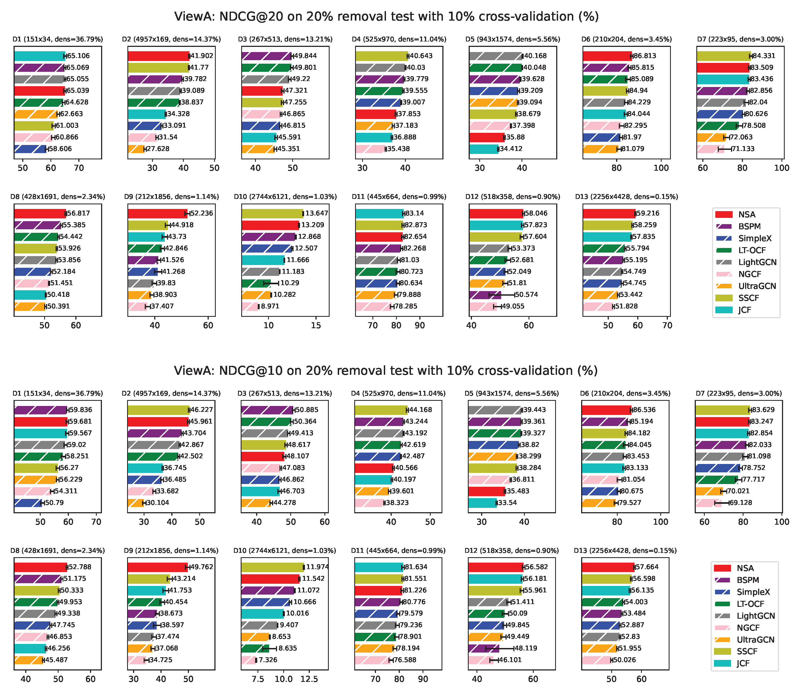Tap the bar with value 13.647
[272, 214]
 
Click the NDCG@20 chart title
[386, 17]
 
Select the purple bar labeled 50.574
[485, 295]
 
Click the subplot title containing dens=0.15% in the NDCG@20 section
[626, 197]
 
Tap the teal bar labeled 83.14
[379, 214]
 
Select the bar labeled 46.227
[158, 410]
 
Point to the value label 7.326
[268, 660]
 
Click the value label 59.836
[80, 410]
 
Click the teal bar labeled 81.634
[379, 567]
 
